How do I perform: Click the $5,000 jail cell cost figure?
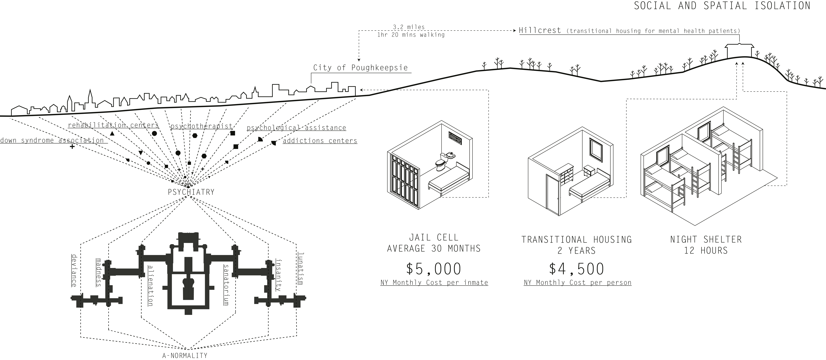(433, 269)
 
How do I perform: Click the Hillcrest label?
(540, 30)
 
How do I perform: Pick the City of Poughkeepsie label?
(360, 68)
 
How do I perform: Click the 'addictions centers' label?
(320, 141)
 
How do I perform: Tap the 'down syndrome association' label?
(52, 140)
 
